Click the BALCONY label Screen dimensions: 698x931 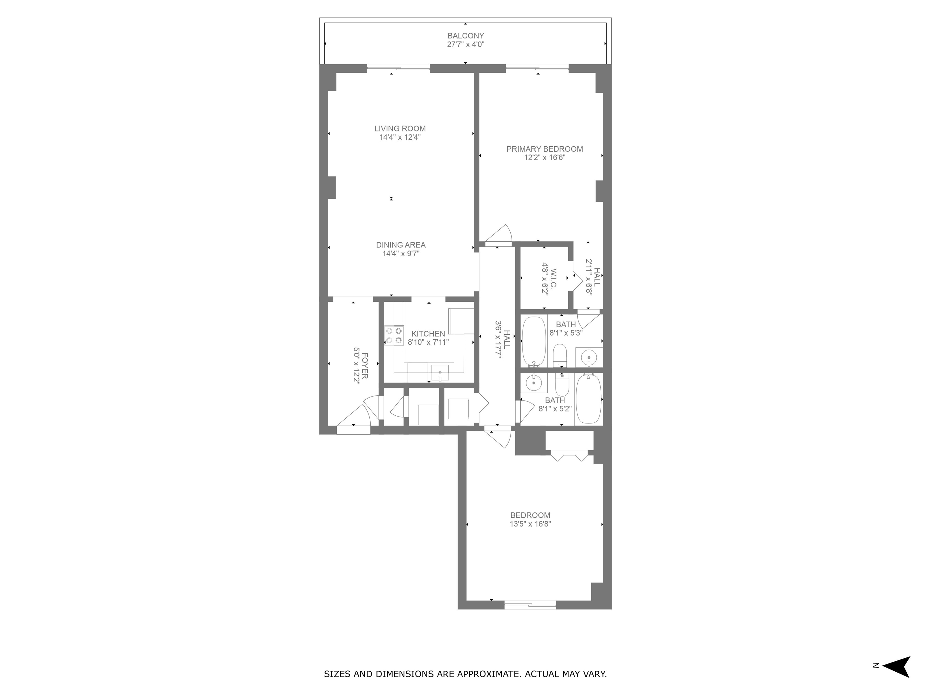[x=465, y=36]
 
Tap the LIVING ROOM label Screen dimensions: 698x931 [x=400, y=129]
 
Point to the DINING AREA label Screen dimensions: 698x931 [x=401, y=245]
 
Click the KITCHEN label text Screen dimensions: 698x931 [x=428, y=334]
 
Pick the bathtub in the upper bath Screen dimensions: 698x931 [x=534, y=342]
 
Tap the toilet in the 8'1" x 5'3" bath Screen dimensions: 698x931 [x=560, y=356]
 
